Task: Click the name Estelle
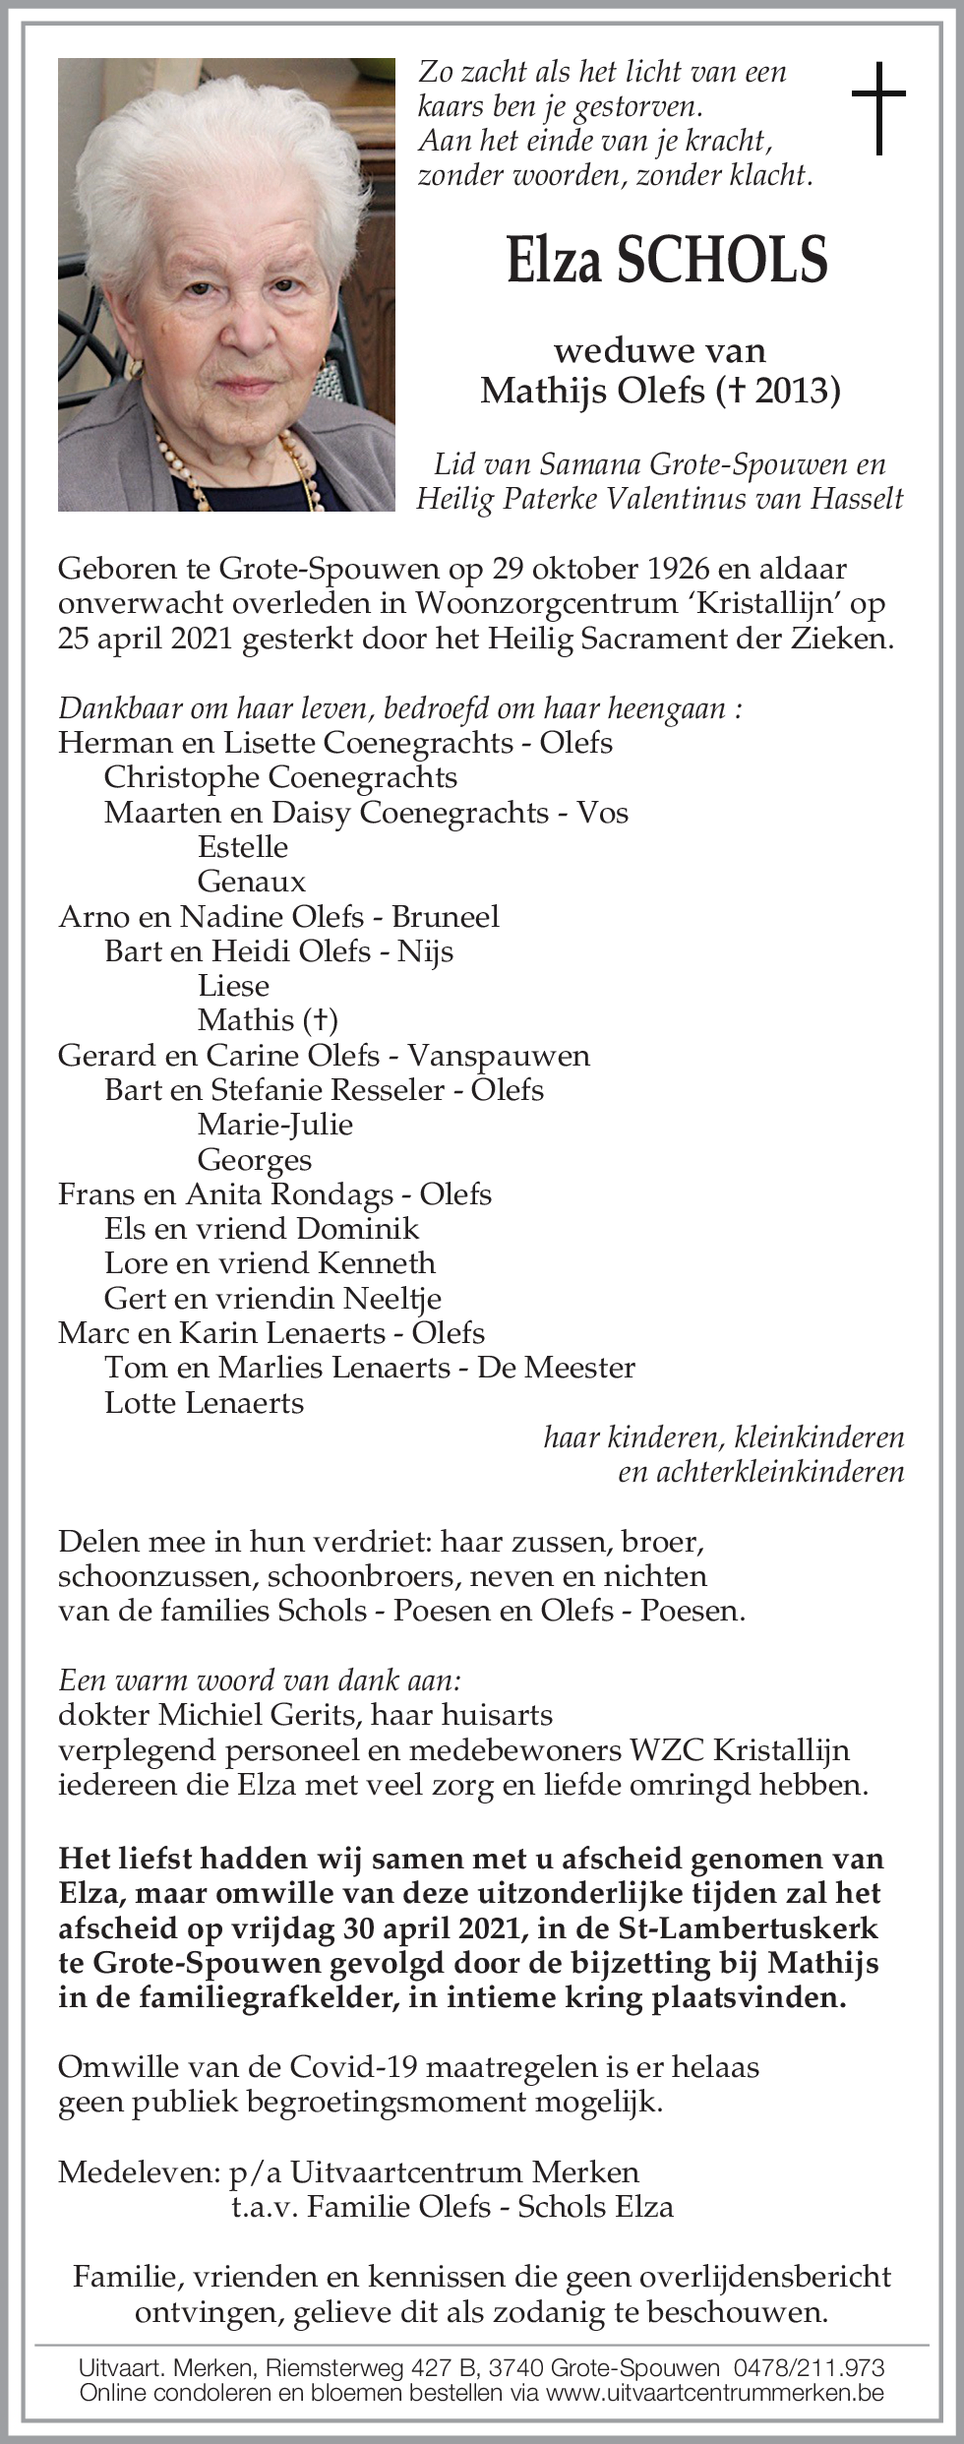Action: [x=243, y=847]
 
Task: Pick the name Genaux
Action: [x=252, y=882]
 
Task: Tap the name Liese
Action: [x=233, y=986]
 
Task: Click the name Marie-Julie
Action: [x=275, y=1125]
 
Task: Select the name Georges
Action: [x=255, y=1160]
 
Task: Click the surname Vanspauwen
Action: [x=499, y=1056]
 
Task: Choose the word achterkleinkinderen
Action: [x=761, y=1472]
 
